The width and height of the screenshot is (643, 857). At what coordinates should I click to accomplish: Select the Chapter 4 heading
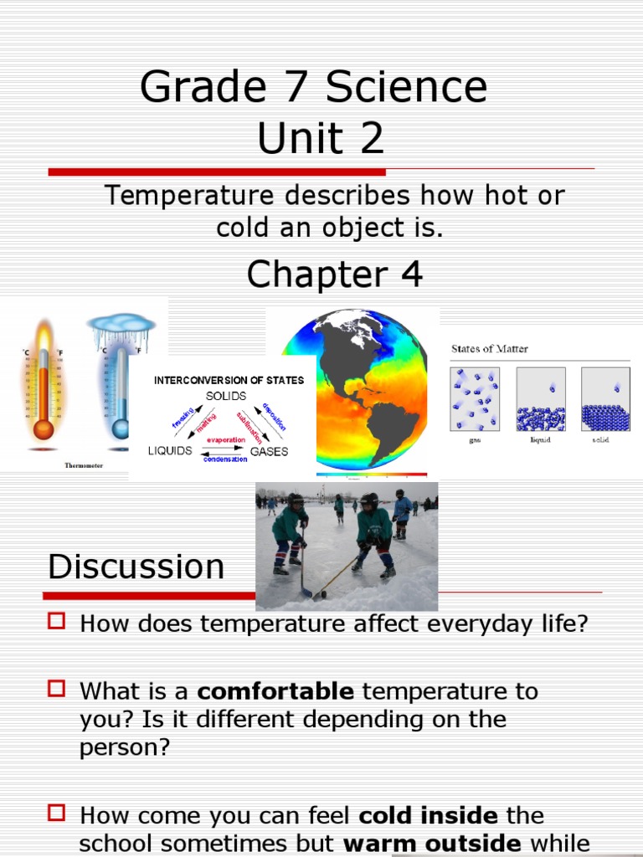(335, 275)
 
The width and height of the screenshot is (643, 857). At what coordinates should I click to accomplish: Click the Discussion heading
(136, 567)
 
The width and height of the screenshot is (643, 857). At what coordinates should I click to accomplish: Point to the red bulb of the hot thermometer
(43, 429)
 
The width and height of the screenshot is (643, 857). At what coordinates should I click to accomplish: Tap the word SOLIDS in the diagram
(226, 395)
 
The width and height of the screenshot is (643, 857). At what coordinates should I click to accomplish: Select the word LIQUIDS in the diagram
(170, 451)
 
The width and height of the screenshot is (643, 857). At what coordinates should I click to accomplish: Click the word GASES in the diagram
(269, 451)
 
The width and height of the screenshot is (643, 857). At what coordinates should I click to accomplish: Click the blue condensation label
(225, 459)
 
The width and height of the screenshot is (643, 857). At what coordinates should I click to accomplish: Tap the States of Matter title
(490, 349)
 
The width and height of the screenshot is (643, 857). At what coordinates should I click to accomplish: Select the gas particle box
(475, 399)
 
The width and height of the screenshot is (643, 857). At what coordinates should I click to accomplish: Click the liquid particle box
(540, 399)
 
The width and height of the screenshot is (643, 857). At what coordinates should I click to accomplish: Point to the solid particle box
(605, 399)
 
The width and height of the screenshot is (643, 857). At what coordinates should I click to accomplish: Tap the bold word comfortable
(275, 691)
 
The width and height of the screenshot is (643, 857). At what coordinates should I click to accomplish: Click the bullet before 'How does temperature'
(56, 621)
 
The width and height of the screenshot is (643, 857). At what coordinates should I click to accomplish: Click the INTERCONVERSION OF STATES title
(229, 380)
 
